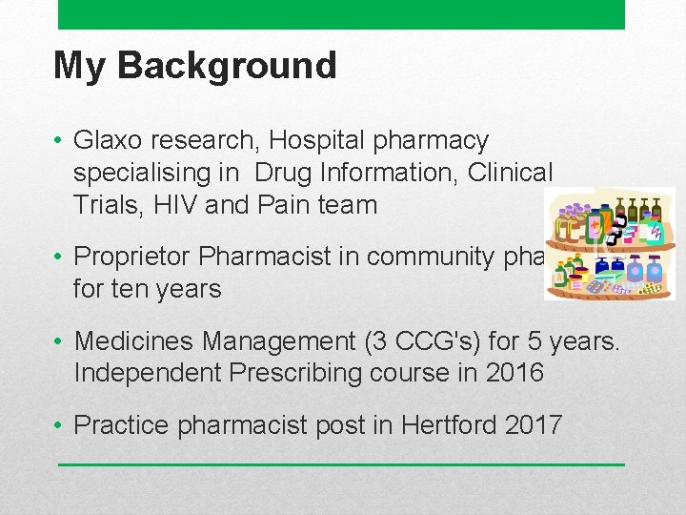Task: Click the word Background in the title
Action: (227, 66)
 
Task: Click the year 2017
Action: (532, 424)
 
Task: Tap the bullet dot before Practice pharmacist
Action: (60, 425)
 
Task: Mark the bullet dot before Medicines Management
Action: (60, 341)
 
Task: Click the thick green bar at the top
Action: (341, 14)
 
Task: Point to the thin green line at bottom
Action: (341, 464)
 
